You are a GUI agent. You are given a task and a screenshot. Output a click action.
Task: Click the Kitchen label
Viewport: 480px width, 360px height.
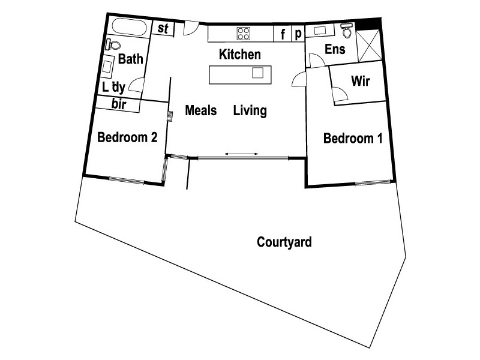(240, 55)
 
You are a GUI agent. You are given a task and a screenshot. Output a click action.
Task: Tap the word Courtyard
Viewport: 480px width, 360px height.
(284, 242)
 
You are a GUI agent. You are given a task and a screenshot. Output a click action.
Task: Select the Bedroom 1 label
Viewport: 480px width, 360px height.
(353, 139)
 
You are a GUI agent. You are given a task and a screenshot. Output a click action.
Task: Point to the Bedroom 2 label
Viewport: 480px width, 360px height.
(127, 137)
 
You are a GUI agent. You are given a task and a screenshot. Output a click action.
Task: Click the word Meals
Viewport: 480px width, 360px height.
(200, 110)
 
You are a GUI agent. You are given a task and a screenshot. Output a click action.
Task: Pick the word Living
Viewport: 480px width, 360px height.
(250, 110)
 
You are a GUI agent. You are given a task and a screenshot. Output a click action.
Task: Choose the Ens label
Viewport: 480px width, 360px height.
(335, 49)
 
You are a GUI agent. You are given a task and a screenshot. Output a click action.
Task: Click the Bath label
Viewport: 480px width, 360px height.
(130, 59)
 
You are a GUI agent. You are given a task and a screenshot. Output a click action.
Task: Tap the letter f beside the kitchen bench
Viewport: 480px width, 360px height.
(283, 34)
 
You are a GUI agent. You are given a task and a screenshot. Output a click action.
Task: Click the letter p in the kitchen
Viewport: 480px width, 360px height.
(297, 34)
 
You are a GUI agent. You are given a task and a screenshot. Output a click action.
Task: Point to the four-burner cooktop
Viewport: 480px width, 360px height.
(243, 33)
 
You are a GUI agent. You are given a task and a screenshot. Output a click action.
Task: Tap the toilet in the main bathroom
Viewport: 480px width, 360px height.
(113, 45)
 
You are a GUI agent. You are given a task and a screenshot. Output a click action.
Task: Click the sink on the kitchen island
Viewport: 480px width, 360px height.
(257, 73)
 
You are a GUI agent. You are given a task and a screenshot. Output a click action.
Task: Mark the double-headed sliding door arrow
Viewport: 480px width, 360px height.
(242, 154)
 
